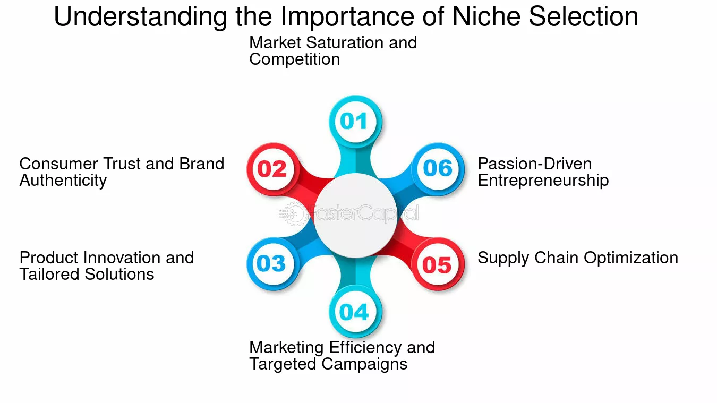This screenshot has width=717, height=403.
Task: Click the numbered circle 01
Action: (355, 122)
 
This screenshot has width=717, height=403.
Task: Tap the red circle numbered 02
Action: (273, 169)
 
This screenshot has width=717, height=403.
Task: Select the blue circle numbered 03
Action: (273, 264)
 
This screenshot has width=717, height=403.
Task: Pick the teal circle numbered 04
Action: (355, 312)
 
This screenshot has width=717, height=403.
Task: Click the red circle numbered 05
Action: (438, 264)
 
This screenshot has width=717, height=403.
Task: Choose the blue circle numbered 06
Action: (438, 169)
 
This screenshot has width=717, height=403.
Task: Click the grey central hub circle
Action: (355, 216)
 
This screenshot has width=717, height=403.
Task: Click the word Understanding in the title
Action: (141, 18)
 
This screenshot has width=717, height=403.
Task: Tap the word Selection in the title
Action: (584, 16)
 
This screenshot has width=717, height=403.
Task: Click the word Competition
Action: (294, 59)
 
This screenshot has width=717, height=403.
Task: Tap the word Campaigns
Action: (364, 364)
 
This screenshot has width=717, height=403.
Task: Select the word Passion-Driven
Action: (534, 164)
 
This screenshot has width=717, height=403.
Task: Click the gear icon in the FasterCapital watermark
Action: (293, 213)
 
